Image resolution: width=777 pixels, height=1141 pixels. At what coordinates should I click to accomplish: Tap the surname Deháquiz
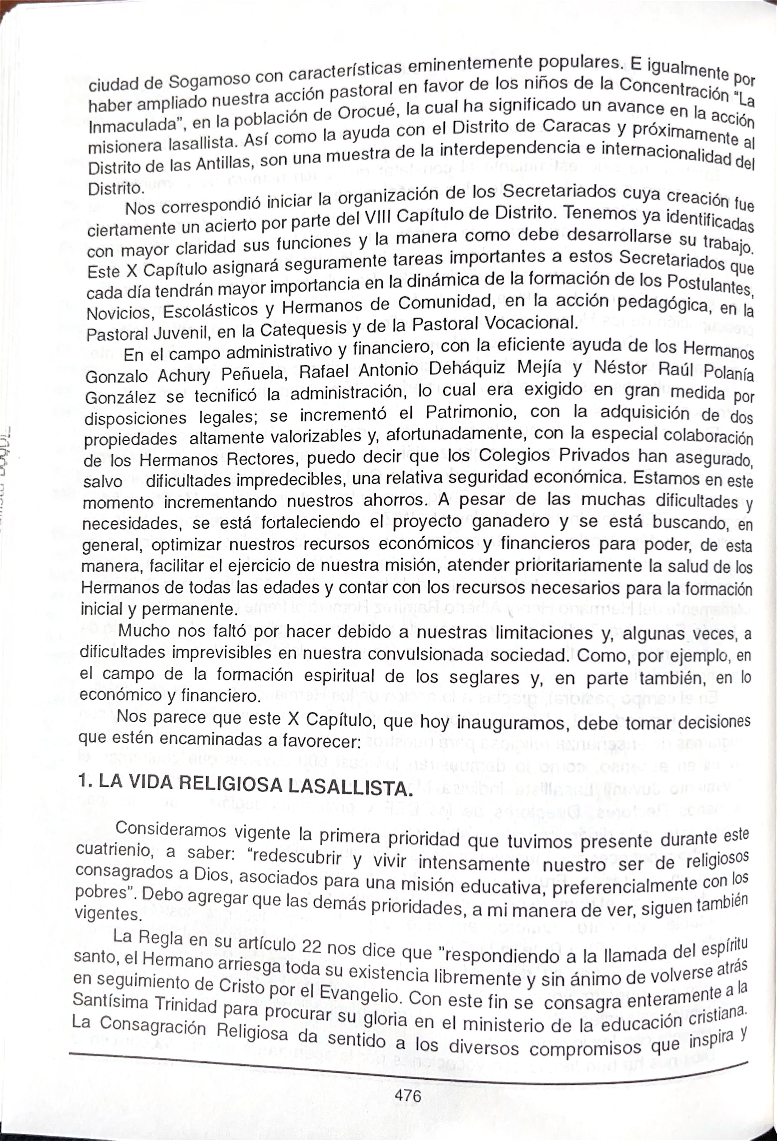[466, 368]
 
